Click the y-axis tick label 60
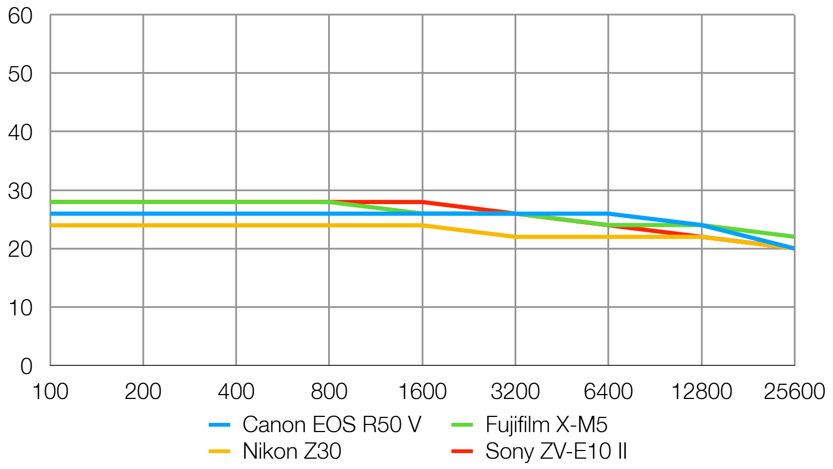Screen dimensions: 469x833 click(x=20, y=16)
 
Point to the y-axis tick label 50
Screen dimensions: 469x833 click(x=20, y=74)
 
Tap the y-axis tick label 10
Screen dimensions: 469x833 click(x=20, y=308)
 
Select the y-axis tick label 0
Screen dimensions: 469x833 click(x=26, y=366)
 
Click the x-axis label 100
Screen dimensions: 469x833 click(x=50, y=391)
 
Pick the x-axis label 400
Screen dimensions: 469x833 click(x=236, y=391)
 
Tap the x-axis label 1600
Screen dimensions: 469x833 click(x=422, y=391)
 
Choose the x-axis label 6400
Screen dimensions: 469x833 click(x=608, y=391)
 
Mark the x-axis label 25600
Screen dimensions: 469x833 click(x=794, y=391)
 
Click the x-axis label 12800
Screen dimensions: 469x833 click(x=702, y=391)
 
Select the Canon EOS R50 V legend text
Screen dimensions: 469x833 click(x=331, y=424)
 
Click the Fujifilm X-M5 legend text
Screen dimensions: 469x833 click(x=546, y=424)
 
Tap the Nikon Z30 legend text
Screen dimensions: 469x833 click(x=292, y=451)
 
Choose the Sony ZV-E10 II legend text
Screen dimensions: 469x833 click(x=556, y=451)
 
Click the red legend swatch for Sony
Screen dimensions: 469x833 click(x=462, y=451)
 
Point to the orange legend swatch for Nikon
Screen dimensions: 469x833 click(x=220, y=451)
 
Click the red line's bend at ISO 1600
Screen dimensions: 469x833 click(x=422, y=202)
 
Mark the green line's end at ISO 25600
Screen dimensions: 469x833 click(x=793, y=237)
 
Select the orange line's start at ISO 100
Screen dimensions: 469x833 click(x=51, y=225)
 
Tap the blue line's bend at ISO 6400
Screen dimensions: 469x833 click(x=608, y=213)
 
